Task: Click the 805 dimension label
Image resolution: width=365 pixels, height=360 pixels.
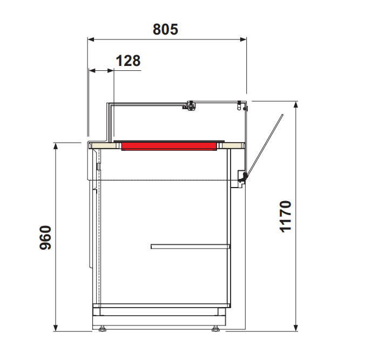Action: coord(165,29)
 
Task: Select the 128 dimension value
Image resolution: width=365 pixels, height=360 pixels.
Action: coord(128,61)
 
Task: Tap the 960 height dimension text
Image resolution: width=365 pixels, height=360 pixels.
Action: coord(45,238)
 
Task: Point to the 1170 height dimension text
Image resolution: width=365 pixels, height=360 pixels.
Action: coord(285,216)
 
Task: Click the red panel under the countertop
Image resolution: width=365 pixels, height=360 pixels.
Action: coord(169,146)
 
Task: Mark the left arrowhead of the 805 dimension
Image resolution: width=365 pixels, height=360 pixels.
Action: coord(91,39)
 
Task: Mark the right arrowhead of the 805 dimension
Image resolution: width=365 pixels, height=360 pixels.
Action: coord(244,39)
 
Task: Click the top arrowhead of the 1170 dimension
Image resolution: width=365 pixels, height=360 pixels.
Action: coord(296,105)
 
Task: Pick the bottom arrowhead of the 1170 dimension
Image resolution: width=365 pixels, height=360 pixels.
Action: coord(296,328)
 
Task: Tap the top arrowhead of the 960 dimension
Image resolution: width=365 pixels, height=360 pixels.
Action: coord(56,146)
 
